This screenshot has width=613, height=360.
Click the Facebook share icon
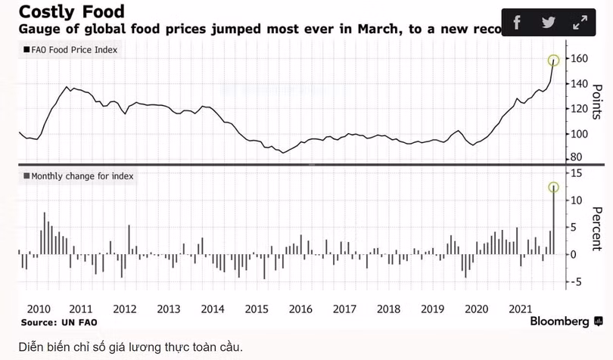[517, 22]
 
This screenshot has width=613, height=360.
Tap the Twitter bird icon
[549, 22]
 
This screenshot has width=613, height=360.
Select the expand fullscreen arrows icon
[580, 22]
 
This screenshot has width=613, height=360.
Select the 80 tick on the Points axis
[577, 157]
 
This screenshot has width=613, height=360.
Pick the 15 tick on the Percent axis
[576, 173]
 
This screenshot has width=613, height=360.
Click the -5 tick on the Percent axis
[576, 282]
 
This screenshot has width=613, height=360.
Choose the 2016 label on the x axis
[300, 309]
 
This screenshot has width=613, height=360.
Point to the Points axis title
[596, 102]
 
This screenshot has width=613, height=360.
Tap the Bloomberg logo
[559, 321]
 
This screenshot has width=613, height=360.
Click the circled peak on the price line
[554, 60]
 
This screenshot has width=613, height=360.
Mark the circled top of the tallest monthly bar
[554, 186]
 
